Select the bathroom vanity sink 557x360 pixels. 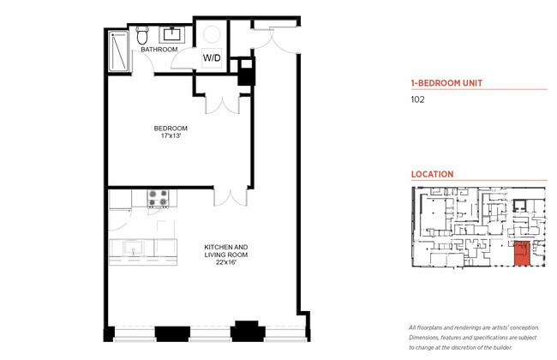click(172, 34)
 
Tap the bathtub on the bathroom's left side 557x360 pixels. click(119, 51)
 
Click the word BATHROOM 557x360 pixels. click(159, 50)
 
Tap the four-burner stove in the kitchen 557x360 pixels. click(158, 198)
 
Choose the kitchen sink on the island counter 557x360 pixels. click(133, 248)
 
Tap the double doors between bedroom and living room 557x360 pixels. click(227, 196)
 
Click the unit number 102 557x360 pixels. click(418, 99)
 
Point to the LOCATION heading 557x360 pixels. click(433, 174)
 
